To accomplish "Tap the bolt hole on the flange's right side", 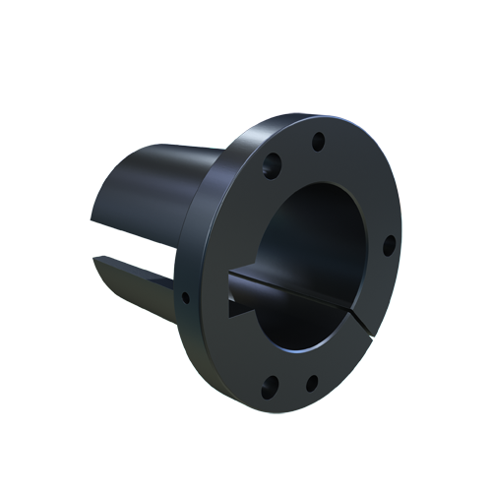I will pos(389,243).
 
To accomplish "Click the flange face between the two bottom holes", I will pos(290,382).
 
